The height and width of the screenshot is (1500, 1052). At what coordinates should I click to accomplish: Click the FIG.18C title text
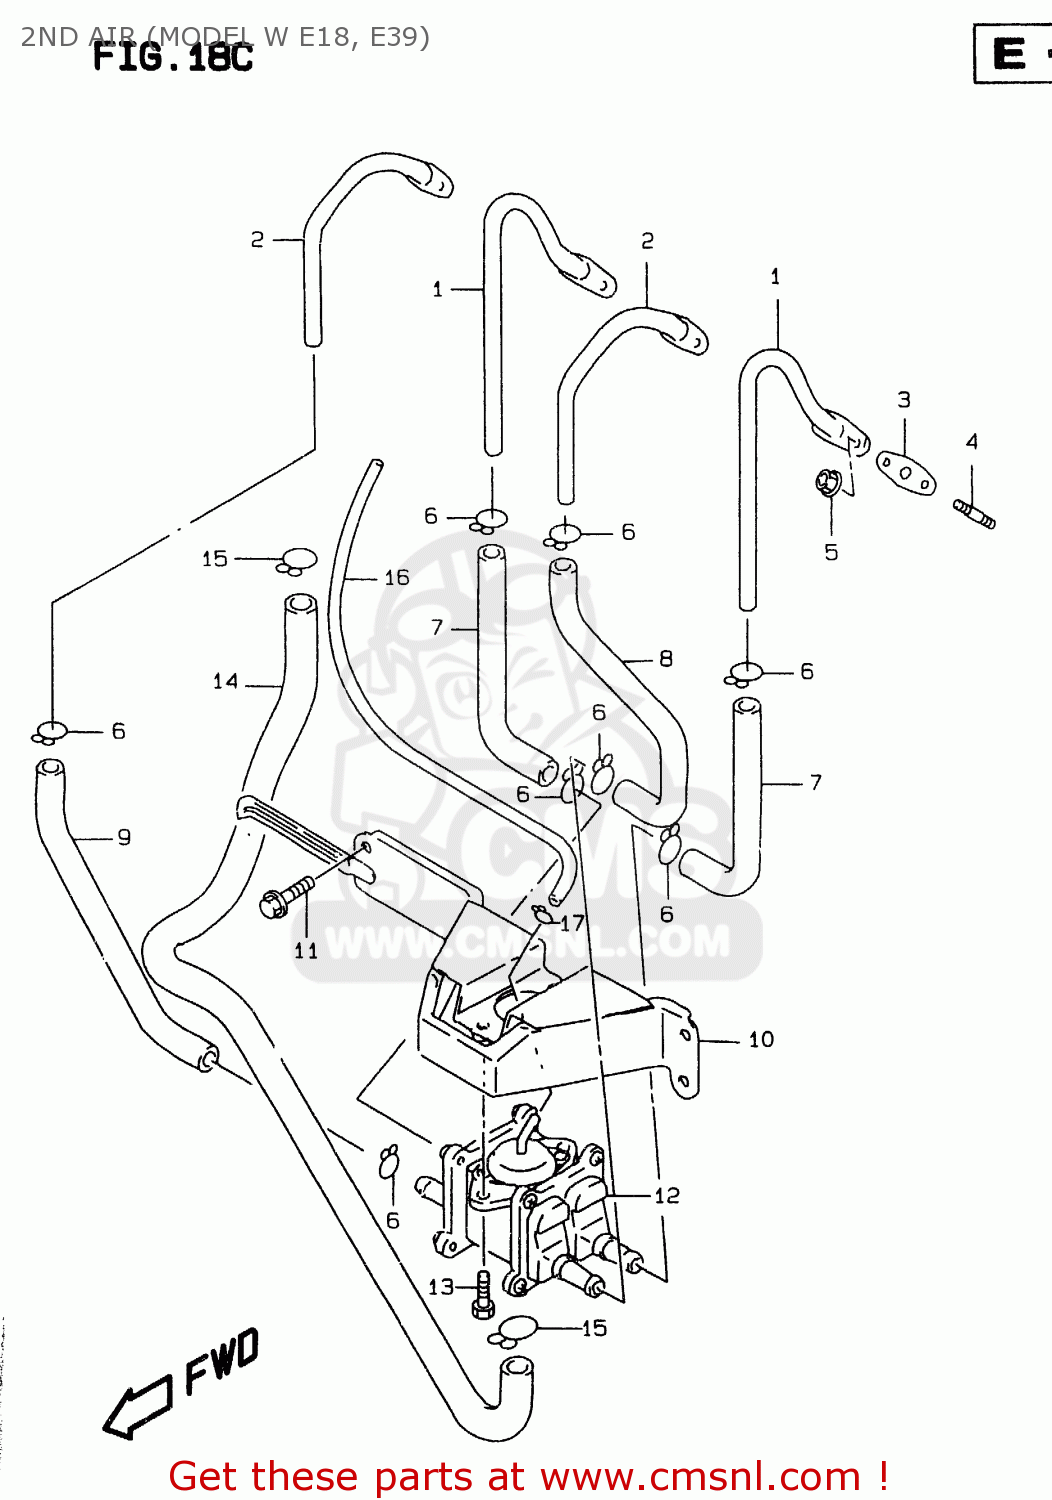172,57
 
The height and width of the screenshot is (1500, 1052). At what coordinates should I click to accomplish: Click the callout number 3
904,400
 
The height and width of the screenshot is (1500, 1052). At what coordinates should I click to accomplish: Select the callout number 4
972,441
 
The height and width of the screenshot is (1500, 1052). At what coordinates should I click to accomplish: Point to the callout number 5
831,552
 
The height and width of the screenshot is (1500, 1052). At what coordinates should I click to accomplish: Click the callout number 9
124,837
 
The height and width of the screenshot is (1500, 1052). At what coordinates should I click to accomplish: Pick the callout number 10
761,1040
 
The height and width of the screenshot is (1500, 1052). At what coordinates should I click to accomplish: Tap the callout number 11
306,950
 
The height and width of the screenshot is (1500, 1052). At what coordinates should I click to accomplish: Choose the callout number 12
667,1195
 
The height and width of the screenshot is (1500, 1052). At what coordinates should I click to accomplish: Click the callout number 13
441,1287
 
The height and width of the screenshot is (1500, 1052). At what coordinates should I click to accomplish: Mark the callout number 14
226,681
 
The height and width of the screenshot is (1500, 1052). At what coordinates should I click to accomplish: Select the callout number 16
397,577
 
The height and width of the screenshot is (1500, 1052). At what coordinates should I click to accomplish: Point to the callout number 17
573,923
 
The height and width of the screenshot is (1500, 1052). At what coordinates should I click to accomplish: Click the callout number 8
666,658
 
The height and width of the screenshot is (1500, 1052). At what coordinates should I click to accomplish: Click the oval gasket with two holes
906,473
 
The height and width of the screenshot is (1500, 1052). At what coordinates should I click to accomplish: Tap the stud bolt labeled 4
975,514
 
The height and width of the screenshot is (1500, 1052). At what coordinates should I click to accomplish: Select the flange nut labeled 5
827,483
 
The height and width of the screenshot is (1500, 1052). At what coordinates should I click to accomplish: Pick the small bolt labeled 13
483,1294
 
